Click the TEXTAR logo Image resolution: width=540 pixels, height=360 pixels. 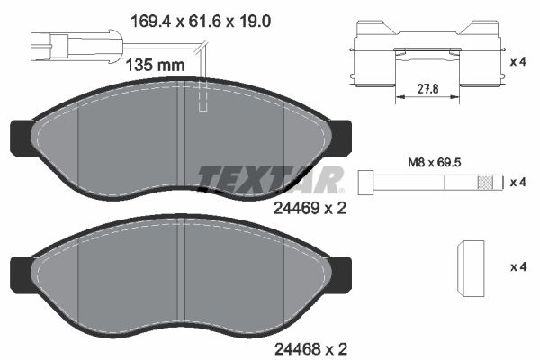(x=269, y=179)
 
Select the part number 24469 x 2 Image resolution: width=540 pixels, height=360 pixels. (x=310, y=207)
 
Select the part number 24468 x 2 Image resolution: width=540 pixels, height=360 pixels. (x=310, y=346)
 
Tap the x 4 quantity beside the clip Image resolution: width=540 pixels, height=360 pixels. (x=517, y=62)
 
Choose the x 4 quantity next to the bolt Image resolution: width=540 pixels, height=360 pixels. (x=517, y=182)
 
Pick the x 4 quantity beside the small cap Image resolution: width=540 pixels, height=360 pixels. (x=517, y=267)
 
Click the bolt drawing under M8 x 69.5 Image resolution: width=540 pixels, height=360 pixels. (x=427, y=182)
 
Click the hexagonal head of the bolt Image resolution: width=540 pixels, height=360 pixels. (x=366, y=182)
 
